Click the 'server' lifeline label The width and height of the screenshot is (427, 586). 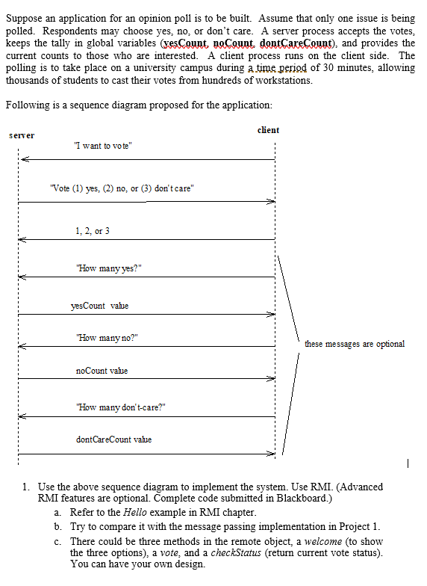pyautogui.click(x=22, y=135)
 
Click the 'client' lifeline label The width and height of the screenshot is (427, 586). pyautogui.click(x=268, y=130)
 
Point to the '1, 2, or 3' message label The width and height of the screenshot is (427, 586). pyautogui.click(x=93, y=231)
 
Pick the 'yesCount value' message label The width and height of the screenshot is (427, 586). pyautogui.click(x=99, y=306)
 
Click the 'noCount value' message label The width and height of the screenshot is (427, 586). pyautogui.click(x=102, y=371)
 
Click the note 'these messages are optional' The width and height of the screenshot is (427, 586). pyautogui.click(x=354, y=344)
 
